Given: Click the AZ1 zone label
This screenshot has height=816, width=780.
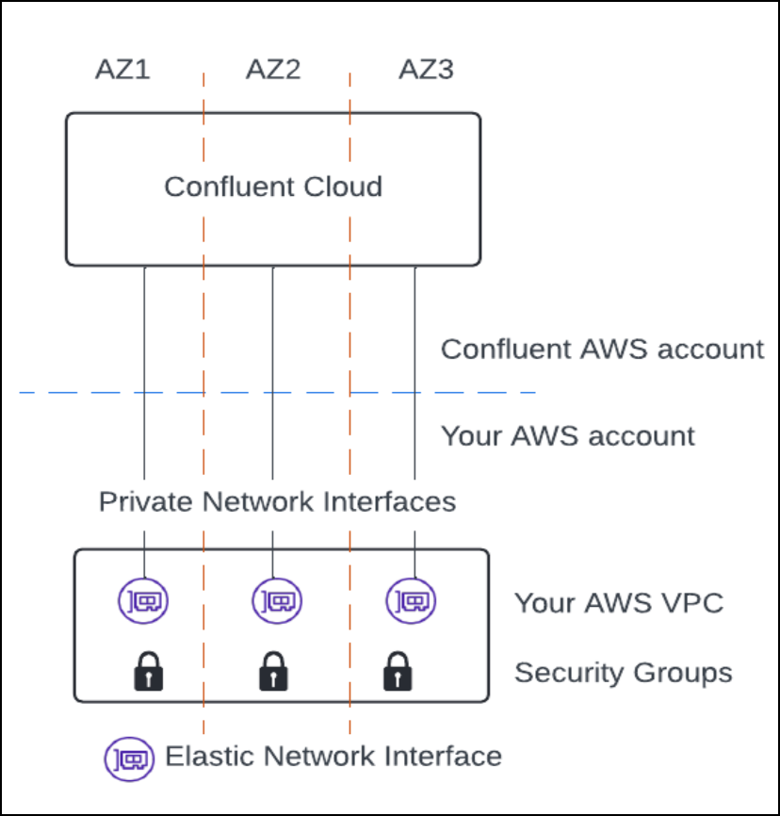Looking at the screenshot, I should click(x=122, y=71).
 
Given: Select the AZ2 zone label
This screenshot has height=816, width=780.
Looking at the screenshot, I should click(x=273, y=71).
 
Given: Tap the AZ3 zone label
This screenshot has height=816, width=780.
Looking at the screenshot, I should click(x=426, y=71).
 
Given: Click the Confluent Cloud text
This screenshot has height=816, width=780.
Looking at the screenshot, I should click(x=273, y=187).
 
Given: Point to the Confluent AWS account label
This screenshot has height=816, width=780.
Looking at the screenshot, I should click(x=602, y=350).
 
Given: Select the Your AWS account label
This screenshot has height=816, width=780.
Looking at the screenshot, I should click(x=568, y=436).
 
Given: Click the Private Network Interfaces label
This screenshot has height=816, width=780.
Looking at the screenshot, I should click(x=277, y=501).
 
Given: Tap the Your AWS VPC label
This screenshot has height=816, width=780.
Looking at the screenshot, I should click(x=619, y=603).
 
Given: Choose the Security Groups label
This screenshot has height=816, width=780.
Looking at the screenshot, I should click(x=623, y=673).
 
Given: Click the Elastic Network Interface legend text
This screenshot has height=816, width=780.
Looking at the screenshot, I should click(x=333, y=756).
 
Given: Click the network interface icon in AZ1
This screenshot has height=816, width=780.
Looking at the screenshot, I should click(x=144, y=600).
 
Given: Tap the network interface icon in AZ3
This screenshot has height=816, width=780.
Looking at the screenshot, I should click(x=412, y=600).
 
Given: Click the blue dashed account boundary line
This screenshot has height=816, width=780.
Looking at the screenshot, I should click(x=94, y=392).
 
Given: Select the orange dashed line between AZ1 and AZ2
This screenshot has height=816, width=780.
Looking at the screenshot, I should click(x=203, y=320).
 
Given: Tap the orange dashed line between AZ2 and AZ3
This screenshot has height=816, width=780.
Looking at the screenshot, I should click(x=349, y=320).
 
